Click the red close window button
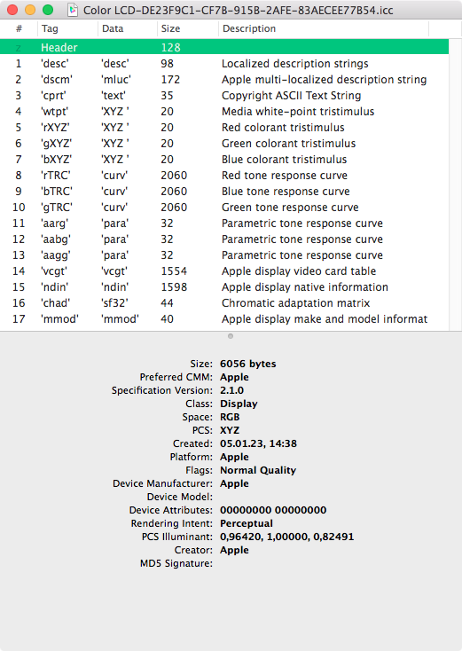(13, 10)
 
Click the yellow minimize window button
(30, 10)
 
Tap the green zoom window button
(47, 10)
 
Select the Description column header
(249, 28)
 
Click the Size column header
(169, 28)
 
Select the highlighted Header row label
(59, 47)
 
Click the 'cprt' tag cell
(56, 96)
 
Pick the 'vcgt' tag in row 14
(56, 271)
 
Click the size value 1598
(174, 287)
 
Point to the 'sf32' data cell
(114, 303)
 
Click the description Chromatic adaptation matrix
(295, 303)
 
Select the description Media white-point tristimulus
(298, 112)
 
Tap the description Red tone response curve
(286, 176)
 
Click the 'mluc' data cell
(115, 80)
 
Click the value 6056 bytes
(247, 364)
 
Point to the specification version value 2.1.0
(233, 390)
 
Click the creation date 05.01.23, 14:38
(258, 443)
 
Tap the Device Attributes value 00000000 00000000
(273, 510)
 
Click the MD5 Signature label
(176, 563)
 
